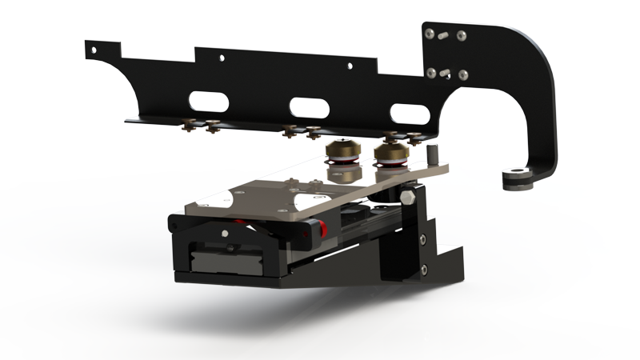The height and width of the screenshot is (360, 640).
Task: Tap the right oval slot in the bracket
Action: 407,112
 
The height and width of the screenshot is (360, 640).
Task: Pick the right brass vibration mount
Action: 391,154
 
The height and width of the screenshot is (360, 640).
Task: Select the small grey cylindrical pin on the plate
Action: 433,154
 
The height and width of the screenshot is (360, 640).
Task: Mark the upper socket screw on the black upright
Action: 422,238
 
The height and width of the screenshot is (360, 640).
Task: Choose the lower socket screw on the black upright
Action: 423,269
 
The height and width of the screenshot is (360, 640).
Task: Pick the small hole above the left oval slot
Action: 218,58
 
